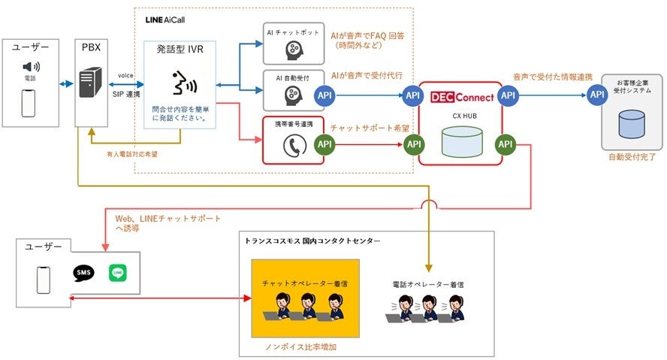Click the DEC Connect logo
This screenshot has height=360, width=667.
click(x=461, y=97)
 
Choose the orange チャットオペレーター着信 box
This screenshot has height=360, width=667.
click(x=304, y=297)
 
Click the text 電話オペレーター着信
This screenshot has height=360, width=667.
click(x=427, y=285)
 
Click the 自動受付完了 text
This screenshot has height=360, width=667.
click(x=632, y=159)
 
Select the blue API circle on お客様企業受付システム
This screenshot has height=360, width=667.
click(x=598, y=95)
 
